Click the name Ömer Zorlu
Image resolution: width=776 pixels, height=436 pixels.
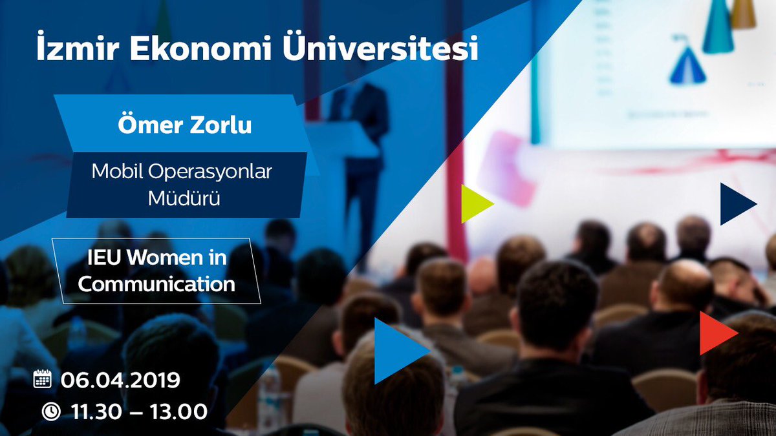click(x=184, y=125)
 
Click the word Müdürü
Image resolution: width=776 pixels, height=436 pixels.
click(x=184, y=198)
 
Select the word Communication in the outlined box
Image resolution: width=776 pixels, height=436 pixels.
click(x=156, y=283)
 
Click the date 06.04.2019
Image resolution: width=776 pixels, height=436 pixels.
click(x=120, y=380)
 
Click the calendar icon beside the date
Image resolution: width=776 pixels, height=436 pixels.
click(x=42, y=379)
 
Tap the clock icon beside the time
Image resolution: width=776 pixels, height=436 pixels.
click(x=50, y=411)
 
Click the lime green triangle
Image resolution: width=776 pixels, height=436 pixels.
click(x=475, y=203)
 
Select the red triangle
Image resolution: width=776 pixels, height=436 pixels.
click(x=715, y=333)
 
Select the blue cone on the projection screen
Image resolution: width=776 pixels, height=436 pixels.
click(x=687, y=65)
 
